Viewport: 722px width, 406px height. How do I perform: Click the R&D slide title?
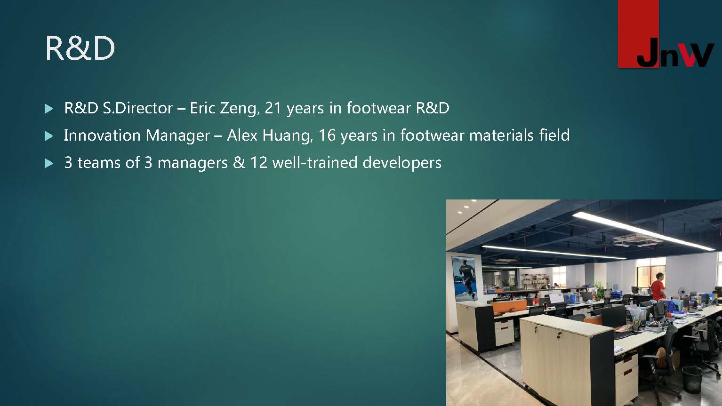80,48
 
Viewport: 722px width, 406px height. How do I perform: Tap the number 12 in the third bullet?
258,162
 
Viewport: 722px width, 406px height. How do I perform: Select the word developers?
402,163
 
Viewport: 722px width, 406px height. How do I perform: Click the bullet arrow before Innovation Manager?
49,135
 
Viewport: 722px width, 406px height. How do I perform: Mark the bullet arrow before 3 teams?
49,163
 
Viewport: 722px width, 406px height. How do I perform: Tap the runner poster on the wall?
464,279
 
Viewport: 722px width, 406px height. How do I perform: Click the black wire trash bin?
692,380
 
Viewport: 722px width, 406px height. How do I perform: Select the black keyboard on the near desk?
624,335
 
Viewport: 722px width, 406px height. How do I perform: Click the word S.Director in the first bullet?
137,108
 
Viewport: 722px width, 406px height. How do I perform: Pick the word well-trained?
315,162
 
